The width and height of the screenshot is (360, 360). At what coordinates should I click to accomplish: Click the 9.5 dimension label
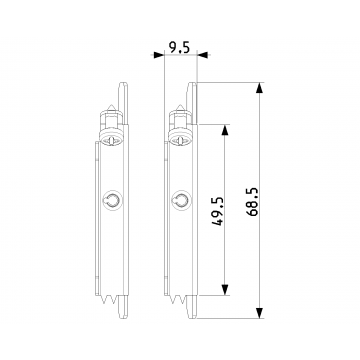pos(179,48)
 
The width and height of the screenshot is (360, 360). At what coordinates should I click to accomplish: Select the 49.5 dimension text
pos(217,211)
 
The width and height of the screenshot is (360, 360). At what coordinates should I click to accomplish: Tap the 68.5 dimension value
pos(253,202)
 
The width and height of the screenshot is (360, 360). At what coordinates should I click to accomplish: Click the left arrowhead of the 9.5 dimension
pos(159,55)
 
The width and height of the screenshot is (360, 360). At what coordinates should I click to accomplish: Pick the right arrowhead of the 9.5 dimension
pos(202,55)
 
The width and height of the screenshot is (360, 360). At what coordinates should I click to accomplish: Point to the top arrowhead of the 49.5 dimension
pos(225,130)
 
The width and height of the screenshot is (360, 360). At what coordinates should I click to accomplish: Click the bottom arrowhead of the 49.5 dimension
pos(225,290)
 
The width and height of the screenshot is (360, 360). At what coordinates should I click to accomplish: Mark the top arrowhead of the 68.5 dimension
pos(260,88)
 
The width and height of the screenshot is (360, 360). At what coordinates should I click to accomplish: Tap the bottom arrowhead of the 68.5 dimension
pos(260,313)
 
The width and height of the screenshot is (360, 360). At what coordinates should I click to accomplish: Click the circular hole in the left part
pos(112,201)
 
